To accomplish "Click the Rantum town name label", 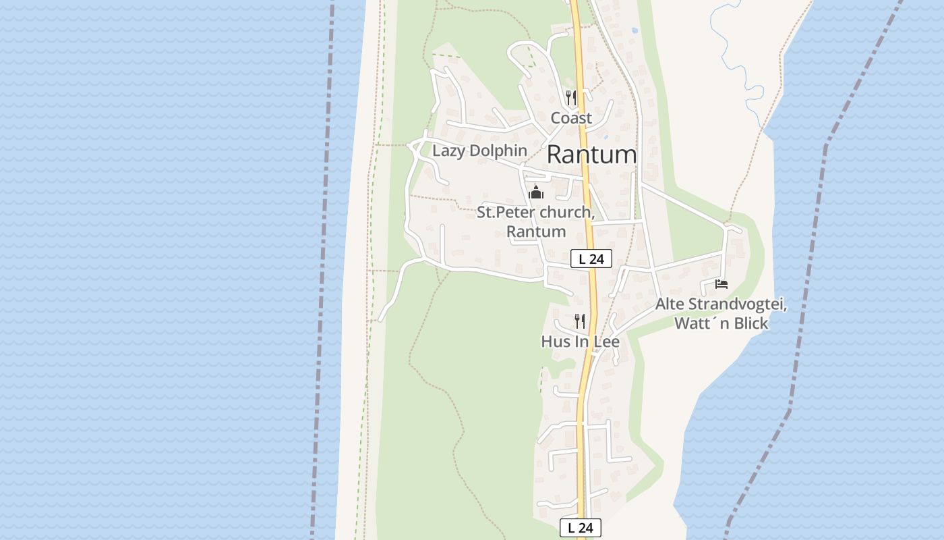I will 591,155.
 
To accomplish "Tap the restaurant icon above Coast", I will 571,98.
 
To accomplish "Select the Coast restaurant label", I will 571,118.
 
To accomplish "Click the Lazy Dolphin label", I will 479,151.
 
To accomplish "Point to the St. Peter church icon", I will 536,192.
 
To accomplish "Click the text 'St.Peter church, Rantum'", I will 536,222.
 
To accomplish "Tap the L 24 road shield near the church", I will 591,259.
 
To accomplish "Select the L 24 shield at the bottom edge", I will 580,528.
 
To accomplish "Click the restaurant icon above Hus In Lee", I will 580,321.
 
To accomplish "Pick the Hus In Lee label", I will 580,342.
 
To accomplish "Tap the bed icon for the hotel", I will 721,284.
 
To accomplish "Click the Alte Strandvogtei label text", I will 721,304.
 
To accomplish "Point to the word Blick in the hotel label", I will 749,324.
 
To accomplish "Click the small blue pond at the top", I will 634,30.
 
